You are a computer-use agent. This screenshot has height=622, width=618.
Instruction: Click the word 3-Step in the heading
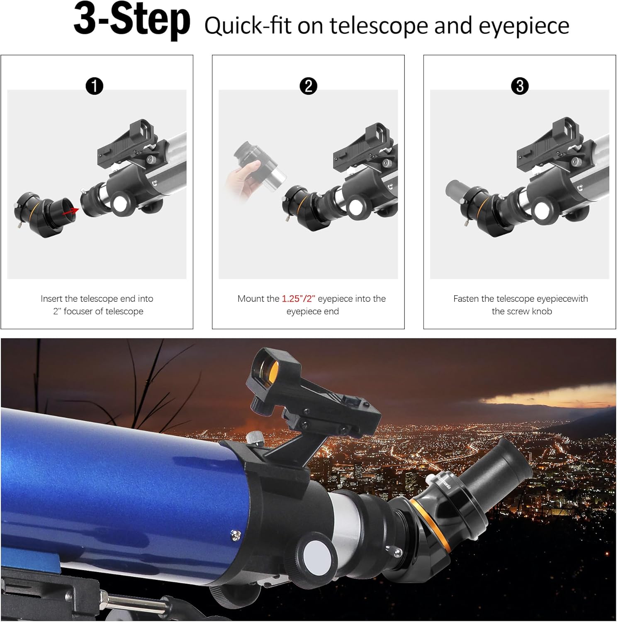tap(132, 20)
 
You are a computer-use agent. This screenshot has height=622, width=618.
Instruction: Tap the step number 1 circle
tap(95, 86)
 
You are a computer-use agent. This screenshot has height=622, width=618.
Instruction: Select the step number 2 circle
tap(308, 86)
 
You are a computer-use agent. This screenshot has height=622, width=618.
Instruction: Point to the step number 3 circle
tap(520, 86)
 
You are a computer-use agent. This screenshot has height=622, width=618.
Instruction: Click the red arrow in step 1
tap(71, 212)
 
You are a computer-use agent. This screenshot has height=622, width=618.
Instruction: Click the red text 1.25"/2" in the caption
tap(299, 299)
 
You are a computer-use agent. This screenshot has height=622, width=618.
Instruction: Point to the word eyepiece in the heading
tap(524, 26)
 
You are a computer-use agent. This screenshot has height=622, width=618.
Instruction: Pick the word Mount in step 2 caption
tap(252, 299)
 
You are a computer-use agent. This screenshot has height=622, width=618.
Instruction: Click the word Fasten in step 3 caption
tap(466, 299)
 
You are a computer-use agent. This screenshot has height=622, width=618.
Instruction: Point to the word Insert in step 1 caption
tap(51, 299)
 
